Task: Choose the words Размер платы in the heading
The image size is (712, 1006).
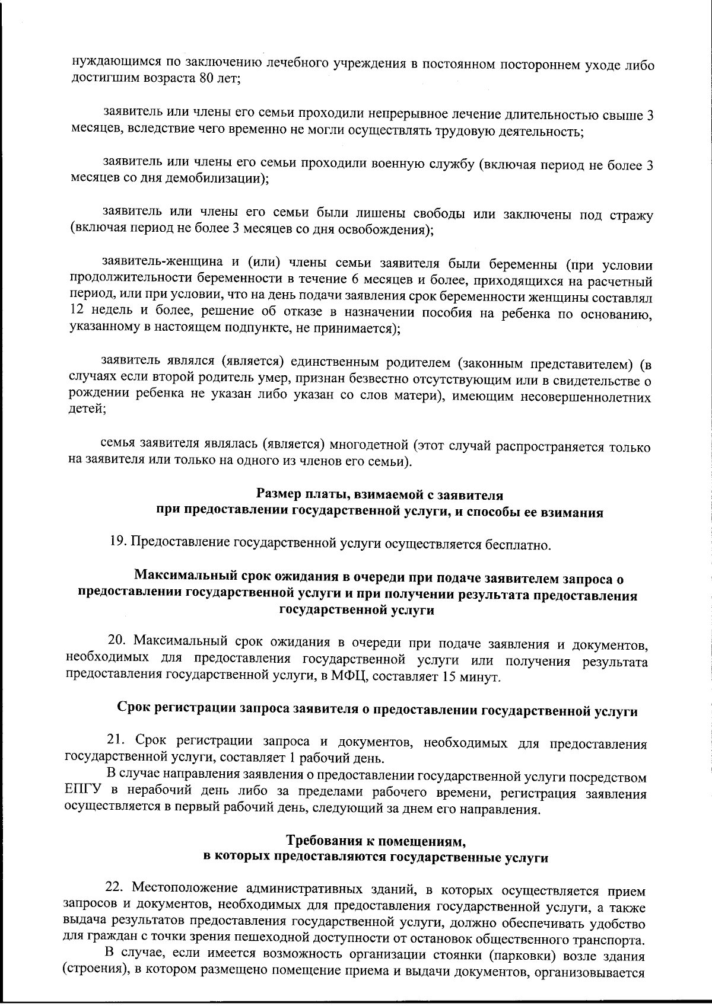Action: click(296, 494)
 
